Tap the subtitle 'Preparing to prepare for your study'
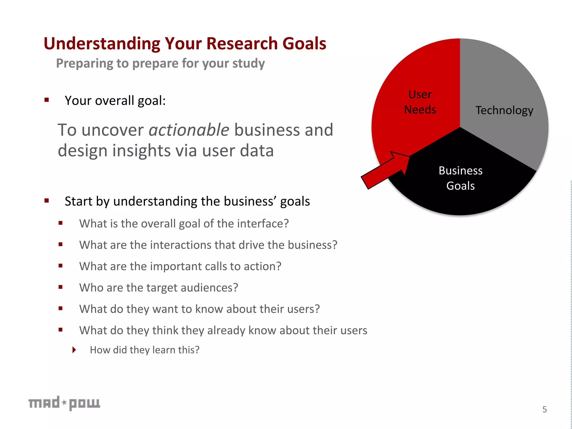click(x=160, y=63)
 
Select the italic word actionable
click(x=189, y=130)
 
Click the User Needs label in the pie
click(x=420, y=102)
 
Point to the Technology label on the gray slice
click(x=504, y=110)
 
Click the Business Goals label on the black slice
click(x=460, y=178)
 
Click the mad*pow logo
click(x=64, y=403)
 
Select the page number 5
click(x=544, y=409)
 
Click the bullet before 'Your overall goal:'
click(x=47, y=100)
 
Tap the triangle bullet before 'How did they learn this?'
click(x=74, y=350)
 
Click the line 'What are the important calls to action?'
click(x=180, y=266)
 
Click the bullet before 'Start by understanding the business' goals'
click(x=47, y=201)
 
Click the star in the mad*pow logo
click(x=64, y=402)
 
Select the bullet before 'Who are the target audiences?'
click(x=61, y=287)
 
